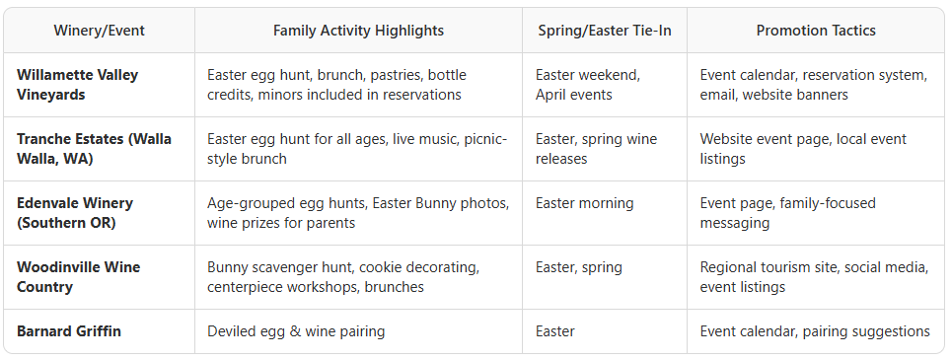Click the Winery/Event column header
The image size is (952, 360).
(99, 31)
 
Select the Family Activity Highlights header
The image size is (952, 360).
(358, 31)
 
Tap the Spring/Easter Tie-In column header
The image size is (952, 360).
(605, 31)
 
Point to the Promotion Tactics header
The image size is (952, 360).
(816, 31)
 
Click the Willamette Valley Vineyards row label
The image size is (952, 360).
(77, 85)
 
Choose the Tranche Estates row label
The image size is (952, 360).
(94, 149)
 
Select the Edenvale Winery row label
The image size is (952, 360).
(75, 213)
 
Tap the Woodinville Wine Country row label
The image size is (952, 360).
(78, 277)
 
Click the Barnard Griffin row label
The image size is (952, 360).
(69, 331)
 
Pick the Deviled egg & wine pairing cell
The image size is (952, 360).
(296, 331)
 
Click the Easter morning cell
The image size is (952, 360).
(586, 203)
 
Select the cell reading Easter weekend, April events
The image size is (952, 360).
(587, 85)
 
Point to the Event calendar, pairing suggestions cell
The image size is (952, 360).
(815, 331)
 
